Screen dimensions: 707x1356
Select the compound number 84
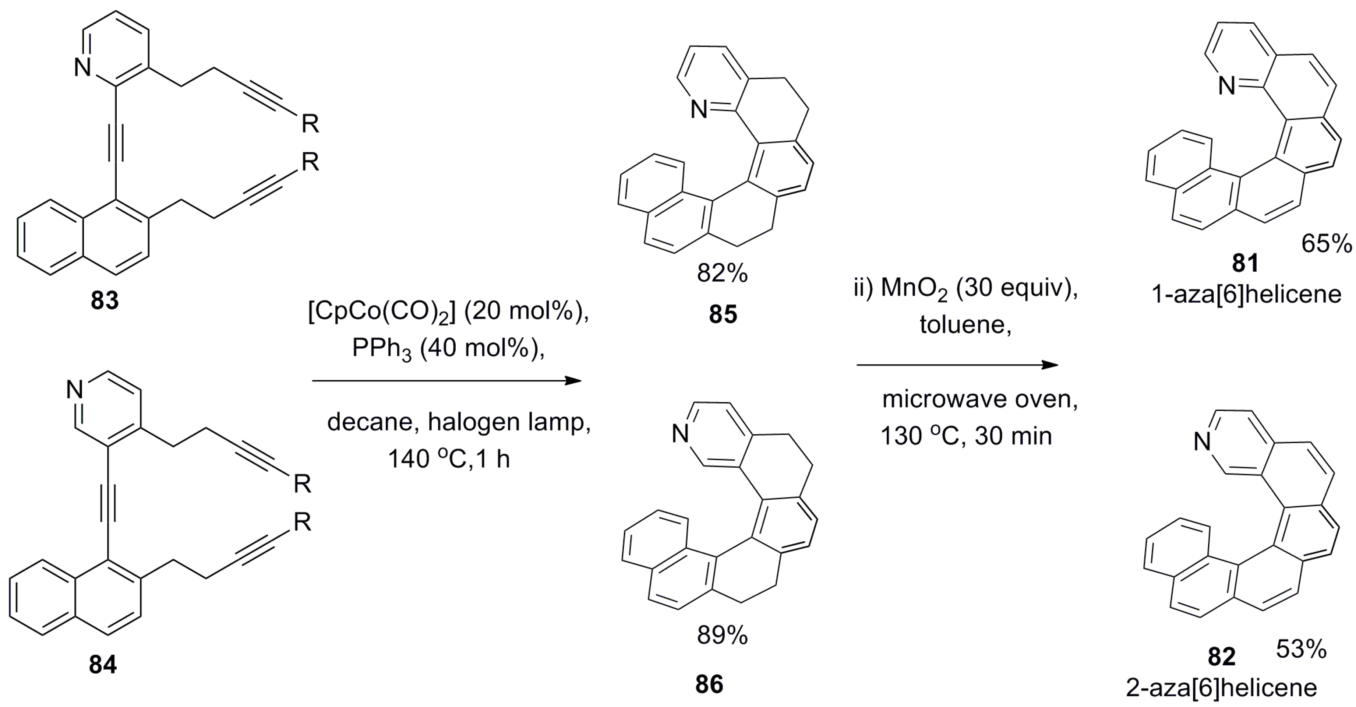(103, 664)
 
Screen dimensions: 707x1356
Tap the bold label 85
(723, 314)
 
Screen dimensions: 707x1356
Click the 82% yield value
(722, 274)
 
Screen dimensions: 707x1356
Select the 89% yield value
(722, 636)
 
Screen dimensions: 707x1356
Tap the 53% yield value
(1301, 650)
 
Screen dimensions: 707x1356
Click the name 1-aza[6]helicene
(1246, 294)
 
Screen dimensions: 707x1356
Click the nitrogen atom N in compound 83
(83, 68)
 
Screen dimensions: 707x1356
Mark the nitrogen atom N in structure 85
(699, 110)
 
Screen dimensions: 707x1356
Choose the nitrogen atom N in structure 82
(1202, 442)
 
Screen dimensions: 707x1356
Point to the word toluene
(965, 324)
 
